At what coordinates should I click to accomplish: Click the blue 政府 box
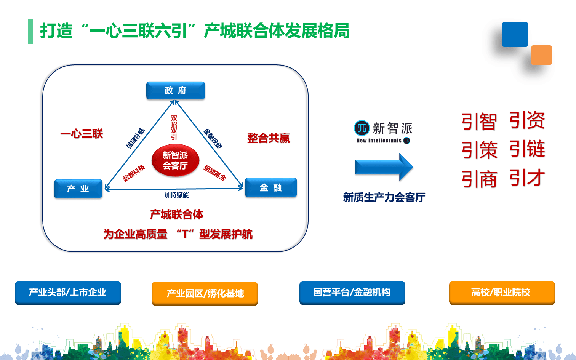176,91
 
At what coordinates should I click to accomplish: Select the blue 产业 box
78,189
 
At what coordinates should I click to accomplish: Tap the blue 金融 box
270,187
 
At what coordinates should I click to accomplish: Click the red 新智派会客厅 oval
175,160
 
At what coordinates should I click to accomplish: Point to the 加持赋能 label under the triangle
176,195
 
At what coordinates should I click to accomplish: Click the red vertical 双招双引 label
174,128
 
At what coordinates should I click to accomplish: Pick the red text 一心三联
82,134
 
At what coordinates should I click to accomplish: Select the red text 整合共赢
268,138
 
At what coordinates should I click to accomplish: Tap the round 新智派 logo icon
362,128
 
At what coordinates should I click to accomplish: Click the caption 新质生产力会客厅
384,197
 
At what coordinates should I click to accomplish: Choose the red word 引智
479,122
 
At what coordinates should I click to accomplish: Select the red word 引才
527,178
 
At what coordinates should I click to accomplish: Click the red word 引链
527,149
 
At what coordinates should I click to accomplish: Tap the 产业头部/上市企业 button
68,293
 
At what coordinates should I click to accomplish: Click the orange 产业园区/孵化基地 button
205,293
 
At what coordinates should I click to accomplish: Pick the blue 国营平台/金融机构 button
352,293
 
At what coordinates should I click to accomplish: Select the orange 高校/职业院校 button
501,293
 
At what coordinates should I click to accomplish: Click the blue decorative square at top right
515,35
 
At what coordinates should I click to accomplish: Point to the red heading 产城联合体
176,214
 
